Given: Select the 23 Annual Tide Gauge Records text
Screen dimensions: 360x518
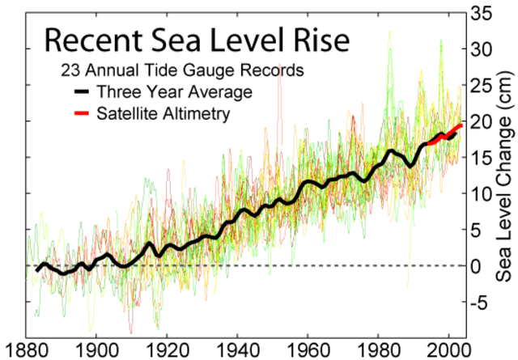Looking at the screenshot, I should click(x=180, y=70).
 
